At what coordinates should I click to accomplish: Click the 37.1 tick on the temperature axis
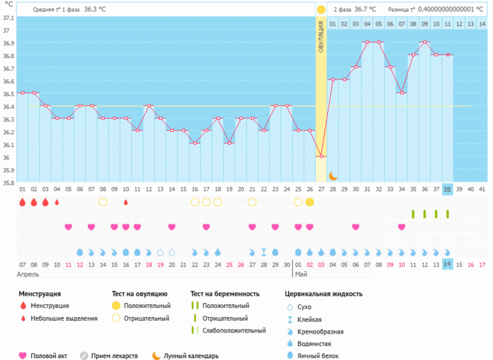(8, 18)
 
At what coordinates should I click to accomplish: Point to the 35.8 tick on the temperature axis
(8, 183)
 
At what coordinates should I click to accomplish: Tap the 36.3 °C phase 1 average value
(95, 10)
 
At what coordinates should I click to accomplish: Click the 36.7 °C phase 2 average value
(365, 10)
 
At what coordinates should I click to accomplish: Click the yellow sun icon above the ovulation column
(321, 10)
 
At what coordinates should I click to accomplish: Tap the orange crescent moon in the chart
(333, 176)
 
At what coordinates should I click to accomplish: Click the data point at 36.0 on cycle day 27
(321, 156)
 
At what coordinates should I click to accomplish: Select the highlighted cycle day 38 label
(447, 189)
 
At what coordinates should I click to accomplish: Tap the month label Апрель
(29, 274)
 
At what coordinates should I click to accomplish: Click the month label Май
(301, 274)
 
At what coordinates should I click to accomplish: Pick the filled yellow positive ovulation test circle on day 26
(310, 202)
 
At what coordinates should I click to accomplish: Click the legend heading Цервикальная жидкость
(323, 294)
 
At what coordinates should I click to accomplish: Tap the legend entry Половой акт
(49, 356)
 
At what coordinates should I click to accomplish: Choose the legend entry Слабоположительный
(234, 331)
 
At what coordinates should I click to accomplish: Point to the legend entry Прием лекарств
(115, 356)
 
